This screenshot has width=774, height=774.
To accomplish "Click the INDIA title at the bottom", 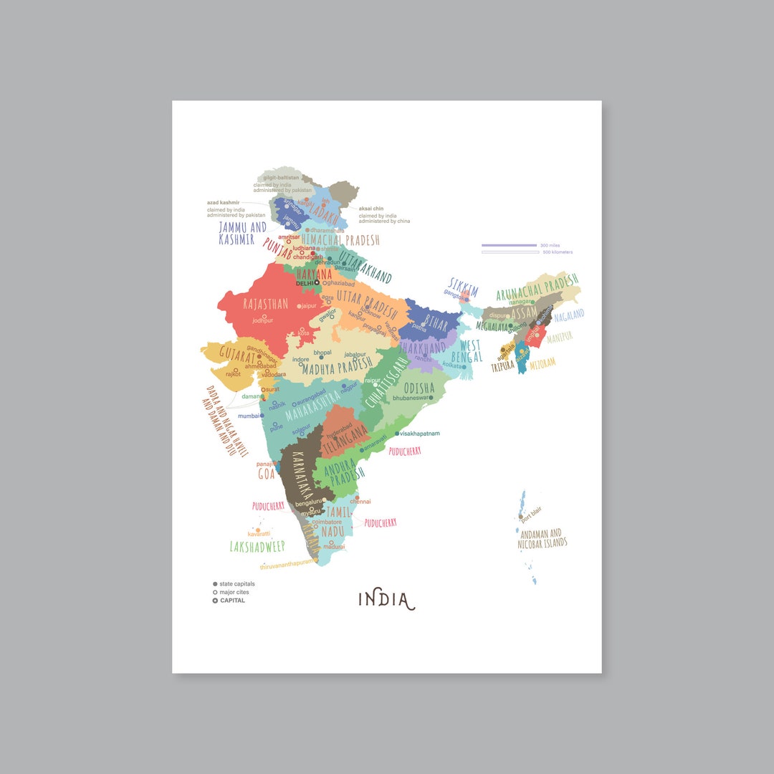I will [386, 599].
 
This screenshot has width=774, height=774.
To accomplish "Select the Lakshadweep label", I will [257, 547].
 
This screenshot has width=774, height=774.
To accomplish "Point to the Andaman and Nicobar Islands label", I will [543, 539].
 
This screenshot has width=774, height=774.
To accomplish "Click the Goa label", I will [267, 474].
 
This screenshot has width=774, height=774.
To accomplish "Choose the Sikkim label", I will [463, 285].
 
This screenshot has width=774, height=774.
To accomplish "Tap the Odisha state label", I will [419, 388].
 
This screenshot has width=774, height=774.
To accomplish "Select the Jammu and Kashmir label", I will [242, 233].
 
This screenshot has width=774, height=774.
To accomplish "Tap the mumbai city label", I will [248, 416].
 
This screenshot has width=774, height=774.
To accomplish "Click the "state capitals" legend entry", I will [236, 584].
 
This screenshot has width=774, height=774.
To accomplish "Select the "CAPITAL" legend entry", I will [232, 601].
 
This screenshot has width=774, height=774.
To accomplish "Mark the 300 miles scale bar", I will [509, 245].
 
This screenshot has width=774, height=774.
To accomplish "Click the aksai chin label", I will [371, 209].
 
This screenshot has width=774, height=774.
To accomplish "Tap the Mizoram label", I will [543, 363].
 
